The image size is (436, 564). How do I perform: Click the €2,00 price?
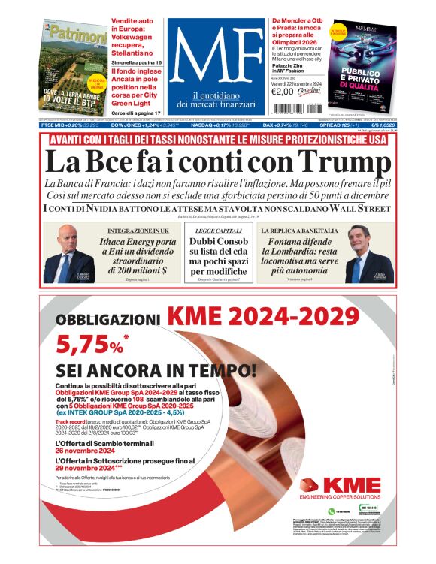282,92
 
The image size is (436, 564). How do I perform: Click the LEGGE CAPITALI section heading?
218,230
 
